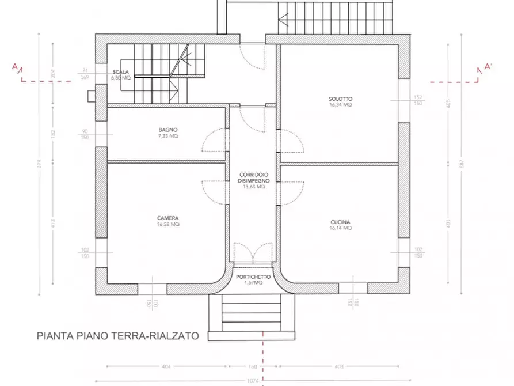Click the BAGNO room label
[x=168, y=130]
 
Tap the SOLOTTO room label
[x=341, y=99]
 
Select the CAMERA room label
[x=168, y=218]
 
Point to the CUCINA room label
[x=341, y=222]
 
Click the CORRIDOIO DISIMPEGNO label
[x=253, y=177]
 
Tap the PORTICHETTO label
[x=253, y=277]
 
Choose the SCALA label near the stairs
[x=121, y=72]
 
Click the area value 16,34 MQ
[x=341, y=105]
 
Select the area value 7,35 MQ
[x=168, y=137]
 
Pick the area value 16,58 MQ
[x=168, y=224]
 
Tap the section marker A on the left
[x=15, y=67]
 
